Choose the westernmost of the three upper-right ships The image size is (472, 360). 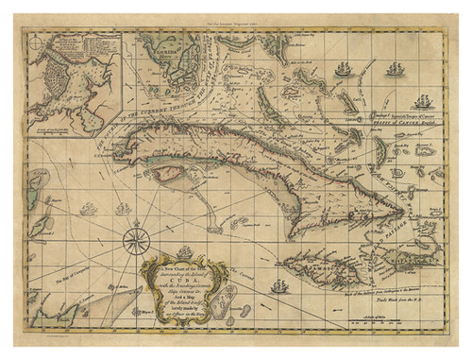[342, 68]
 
